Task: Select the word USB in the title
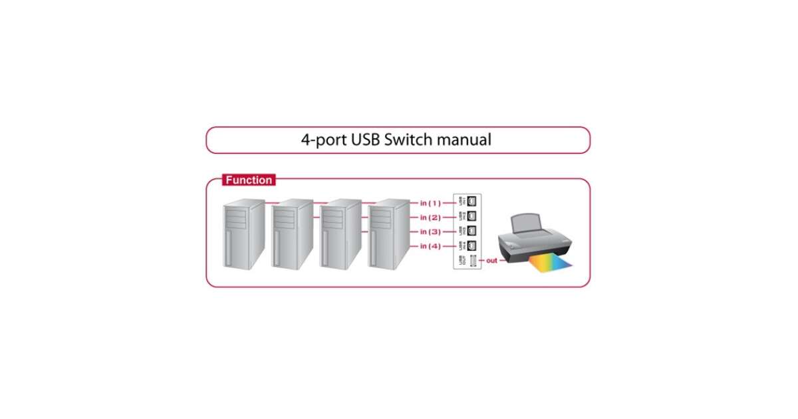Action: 364,140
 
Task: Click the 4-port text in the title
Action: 324,140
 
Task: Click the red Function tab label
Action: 248,180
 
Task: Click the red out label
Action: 491,261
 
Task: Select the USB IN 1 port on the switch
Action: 472,201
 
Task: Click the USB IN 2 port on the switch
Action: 472,216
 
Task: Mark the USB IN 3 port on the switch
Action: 472,231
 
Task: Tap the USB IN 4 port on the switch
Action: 472,246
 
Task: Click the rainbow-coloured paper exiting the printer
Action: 551,265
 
